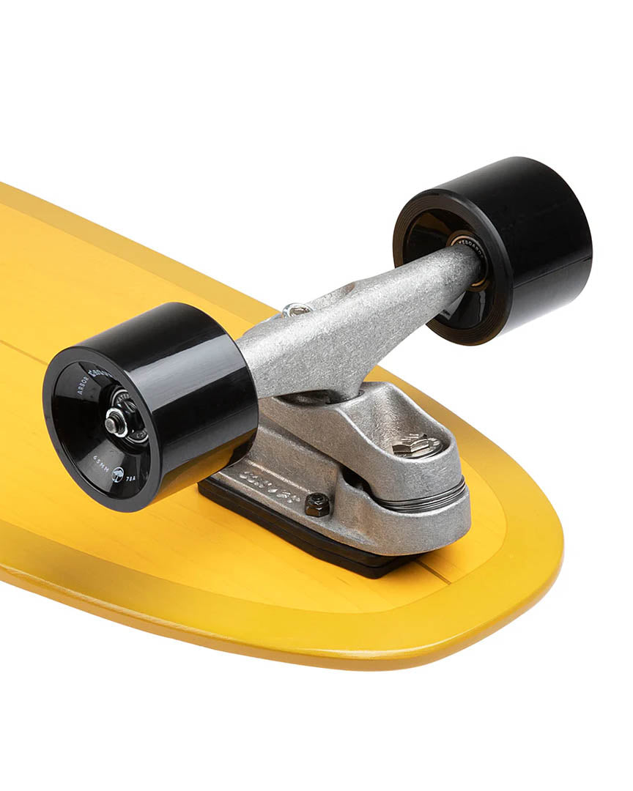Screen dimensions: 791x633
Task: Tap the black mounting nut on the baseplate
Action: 317,504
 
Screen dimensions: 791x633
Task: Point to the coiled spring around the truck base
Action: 432,502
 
